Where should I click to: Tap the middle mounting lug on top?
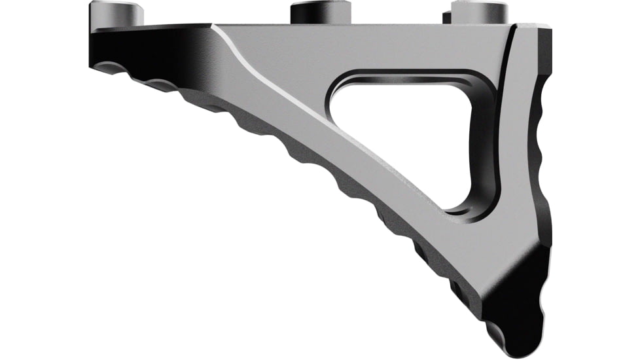[x=319, y=12]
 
